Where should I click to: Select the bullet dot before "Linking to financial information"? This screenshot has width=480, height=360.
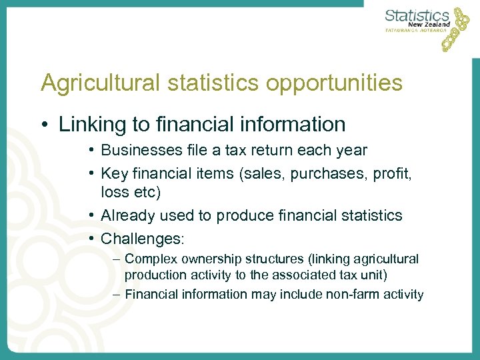tap(45, 125)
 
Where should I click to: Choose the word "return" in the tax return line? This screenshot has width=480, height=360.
tap(285, 151)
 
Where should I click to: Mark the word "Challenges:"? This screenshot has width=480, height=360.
tap(141, 237)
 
